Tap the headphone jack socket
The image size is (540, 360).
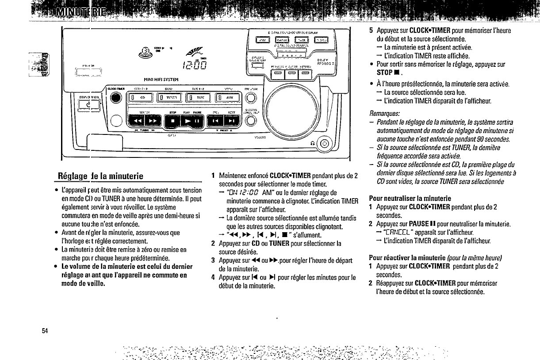point(324,143)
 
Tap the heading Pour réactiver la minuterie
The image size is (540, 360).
point(407,257)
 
